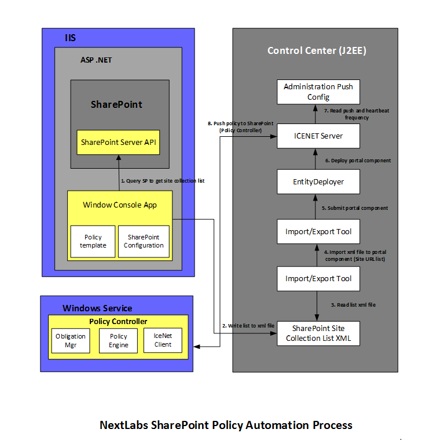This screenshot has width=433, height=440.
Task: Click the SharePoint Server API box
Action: pos(118,142)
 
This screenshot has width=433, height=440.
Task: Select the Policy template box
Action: pos(93,241)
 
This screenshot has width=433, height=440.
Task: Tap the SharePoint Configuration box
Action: pos(144,241)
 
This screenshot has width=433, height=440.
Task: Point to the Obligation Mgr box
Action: pos(70,340)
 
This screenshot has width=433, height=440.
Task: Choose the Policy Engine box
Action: pos(118,340)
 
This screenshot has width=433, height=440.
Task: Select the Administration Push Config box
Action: pos(318,92)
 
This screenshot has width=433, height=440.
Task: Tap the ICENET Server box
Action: pos(318,136)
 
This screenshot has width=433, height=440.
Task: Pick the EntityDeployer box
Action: pos(318,181)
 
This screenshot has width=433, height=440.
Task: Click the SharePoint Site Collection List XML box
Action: pos(318,333)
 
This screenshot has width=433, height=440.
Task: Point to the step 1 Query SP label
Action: pos(162,181)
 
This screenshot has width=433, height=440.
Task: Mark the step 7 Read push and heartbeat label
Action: pos(353,114)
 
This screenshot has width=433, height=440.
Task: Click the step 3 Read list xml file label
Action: pos(353,305)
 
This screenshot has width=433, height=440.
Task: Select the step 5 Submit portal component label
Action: pos(355,208)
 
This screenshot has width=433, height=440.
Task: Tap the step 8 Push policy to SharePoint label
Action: pos(240,127)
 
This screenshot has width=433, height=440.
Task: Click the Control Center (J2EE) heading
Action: pos(316,50)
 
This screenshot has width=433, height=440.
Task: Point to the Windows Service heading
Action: pos(97,308)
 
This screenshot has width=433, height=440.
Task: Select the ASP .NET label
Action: pos(96,60)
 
